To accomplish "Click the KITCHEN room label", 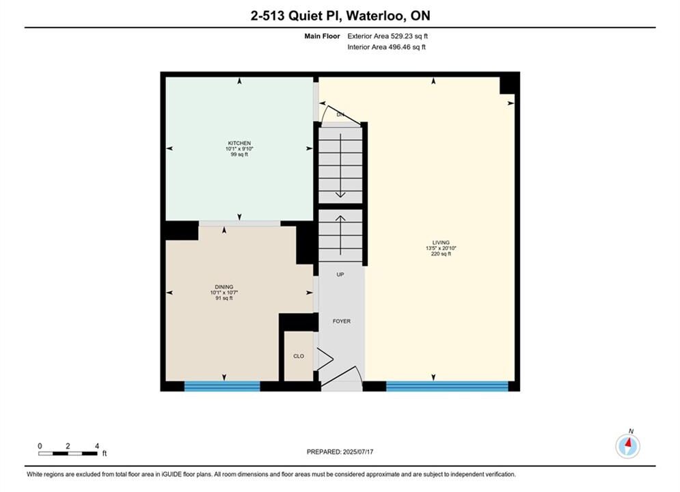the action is pos(239,143).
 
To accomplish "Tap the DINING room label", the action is pos(224,287).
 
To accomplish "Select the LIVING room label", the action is pos(441,243).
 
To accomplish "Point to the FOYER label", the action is pos(342,321).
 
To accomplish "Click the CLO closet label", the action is pos(299,356).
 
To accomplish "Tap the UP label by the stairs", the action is pos(340,275).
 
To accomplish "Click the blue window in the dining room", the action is pos(222,386).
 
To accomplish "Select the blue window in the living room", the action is pos(447,386).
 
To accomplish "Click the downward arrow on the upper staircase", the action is pos(340,165).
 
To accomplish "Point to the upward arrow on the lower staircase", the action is pos(340,235).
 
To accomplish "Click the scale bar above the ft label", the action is pos(68,454).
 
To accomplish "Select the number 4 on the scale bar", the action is pos(97,446).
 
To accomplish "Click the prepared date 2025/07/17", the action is pos(358,452).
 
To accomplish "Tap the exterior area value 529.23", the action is pos(401,36).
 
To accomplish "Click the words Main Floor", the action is pos(322,36).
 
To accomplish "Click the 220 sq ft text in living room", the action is pos(441,254).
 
